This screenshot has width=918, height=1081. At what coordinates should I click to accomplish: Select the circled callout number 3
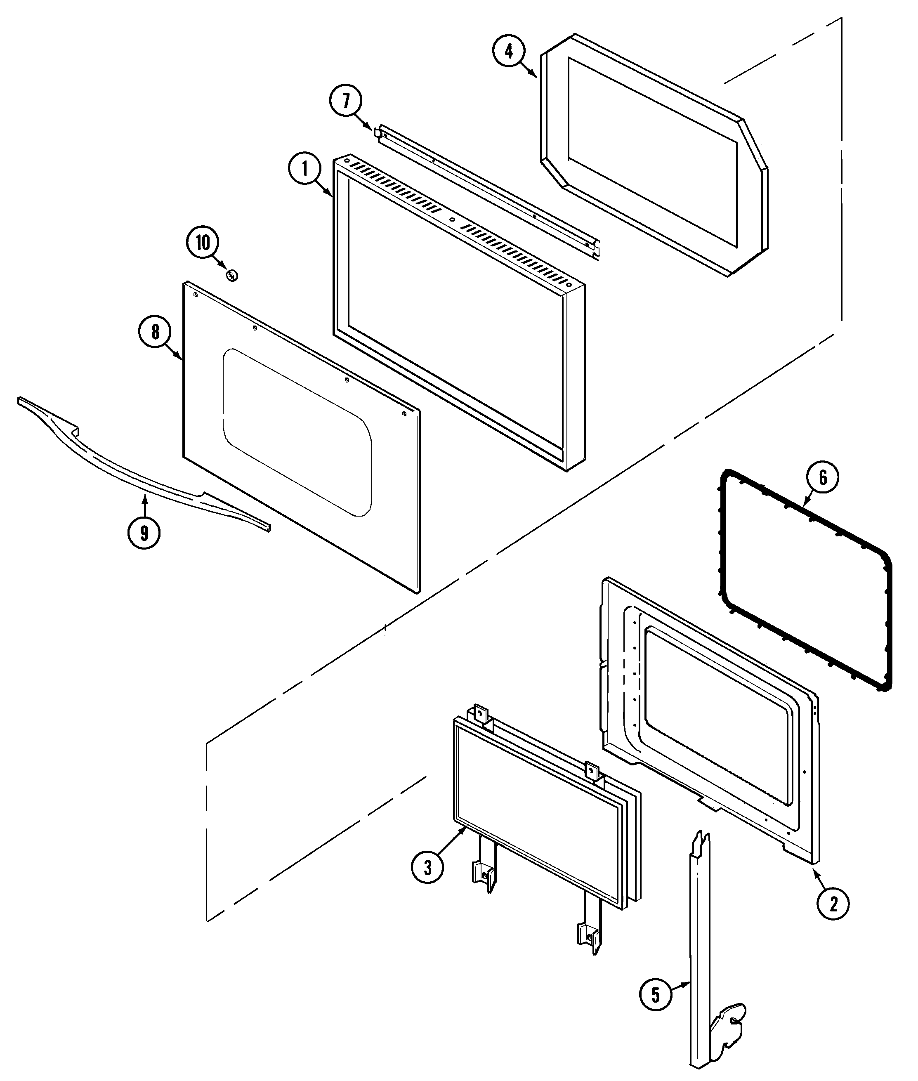coord(427,867)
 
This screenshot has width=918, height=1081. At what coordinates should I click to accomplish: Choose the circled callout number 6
coord(823,477)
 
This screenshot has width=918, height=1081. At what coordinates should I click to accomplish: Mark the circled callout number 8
coord(155,332)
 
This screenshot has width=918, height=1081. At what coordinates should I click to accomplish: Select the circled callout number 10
coord(203,243)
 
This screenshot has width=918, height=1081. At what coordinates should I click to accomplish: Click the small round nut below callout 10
coord(232,274)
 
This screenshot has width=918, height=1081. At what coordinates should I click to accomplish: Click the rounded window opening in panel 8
coord(297,432)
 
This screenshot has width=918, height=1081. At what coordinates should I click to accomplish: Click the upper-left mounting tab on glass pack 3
coord(481,713)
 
